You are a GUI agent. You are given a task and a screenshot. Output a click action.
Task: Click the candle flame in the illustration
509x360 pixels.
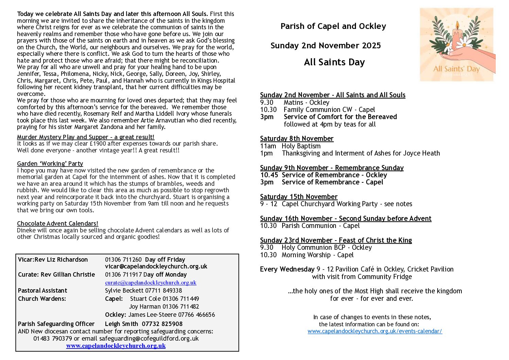tap(457, 26)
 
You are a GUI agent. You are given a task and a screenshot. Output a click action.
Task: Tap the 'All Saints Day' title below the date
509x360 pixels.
tap(334, 62)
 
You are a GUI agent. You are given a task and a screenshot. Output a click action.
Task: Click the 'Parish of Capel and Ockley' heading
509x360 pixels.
tap(333, 26)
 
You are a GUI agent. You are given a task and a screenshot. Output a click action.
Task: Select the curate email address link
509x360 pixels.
tap(151, 282)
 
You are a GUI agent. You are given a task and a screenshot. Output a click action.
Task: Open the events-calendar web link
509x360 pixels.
tap(375, 331)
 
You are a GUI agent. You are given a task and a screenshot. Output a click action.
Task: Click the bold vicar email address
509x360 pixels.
tap(156, 266)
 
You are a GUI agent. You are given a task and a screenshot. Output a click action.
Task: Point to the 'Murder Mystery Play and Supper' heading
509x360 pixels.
tap(85, 137)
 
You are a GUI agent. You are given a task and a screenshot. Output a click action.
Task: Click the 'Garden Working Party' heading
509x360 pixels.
tap(50, 164)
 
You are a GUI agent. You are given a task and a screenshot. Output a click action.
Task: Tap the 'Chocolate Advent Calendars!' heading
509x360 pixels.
tap(57, 224)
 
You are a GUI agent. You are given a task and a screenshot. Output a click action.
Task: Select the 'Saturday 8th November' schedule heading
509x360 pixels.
tap(296, 138)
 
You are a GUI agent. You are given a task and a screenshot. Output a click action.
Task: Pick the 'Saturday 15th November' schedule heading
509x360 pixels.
tap(299, 197)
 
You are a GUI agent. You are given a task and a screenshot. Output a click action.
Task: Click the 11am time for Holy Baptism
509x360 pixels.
tap(268, 146)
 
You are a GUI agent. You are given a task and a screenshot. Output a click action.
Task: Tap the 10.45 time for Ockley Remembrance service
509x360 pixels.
tap(269, 175)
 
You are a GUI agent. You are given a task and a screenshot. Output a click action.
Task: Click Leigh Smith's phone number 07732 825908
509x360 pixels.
tap(162, 324)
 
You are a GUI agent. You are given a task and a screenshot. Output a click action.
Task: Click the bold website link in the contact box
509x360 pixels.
tap(116, 346)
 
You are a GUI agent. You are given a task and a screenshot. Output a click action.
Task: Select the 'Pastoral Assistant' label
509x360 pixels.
tap(43, 291)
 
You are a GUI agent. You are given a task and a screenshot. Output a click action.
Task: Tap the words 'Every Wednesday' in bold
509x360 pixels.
tap(287, 269)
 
